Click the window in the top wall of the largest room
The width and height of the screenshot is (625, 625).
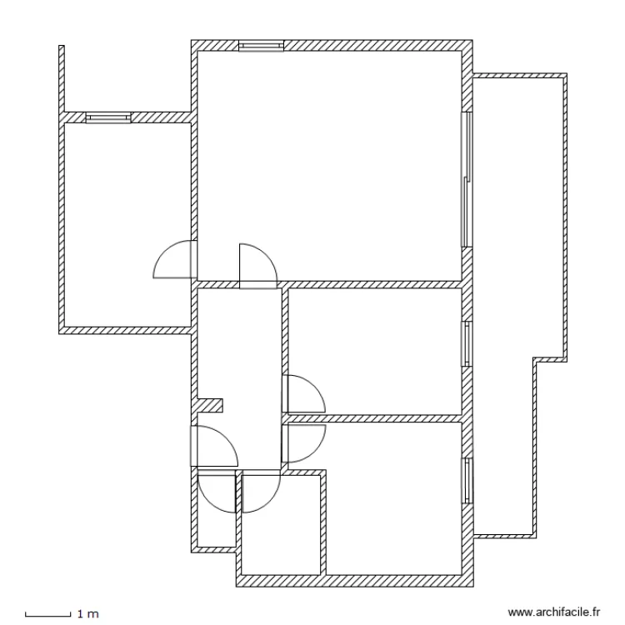click(x=261, y=46)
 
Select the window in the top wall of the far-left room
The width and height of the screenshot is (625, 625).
click(x=108, y=118)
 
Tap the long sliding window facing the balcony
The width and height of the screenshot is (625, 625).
click(x=467, y=178)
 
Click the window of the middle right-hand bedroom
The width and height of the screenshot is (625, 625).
click(x=467, y=343)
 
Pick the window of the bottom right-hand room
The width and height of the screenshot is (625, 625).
click(x=467, y=481)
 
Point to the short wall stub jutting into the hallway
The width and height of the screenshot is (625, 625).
click(x=212, y=405)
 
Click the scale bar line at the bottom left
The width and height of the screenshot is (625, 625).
click(x=47, y=615)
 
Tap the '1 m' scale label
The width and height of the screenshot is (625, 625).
click(x=87, y=615)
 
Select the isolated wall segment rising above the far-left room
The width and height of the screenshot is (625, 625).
click(x=62, y=78)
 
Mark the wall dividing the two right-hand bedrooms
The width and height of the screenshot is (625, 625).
click(x=375, y=417)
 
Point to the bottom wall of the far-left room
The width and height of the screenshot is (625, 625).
click(x=125, y=330)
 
